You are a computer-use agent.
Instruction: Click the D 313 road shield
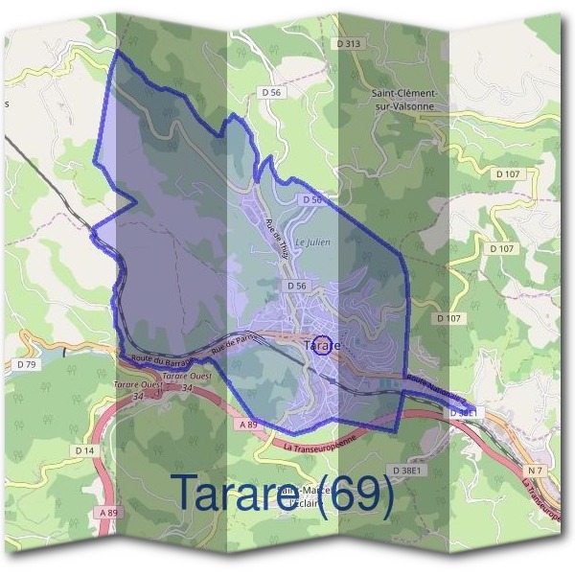(350, 44)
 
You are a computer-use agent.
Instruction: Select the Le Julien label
(313, 242)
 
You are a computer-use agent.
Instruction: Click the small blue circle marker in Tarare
(324, 345)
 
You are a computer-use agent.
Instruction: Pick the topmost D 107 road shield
(507, 173)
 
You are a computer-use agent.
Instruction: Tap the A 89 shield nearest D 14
(107, 513)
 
